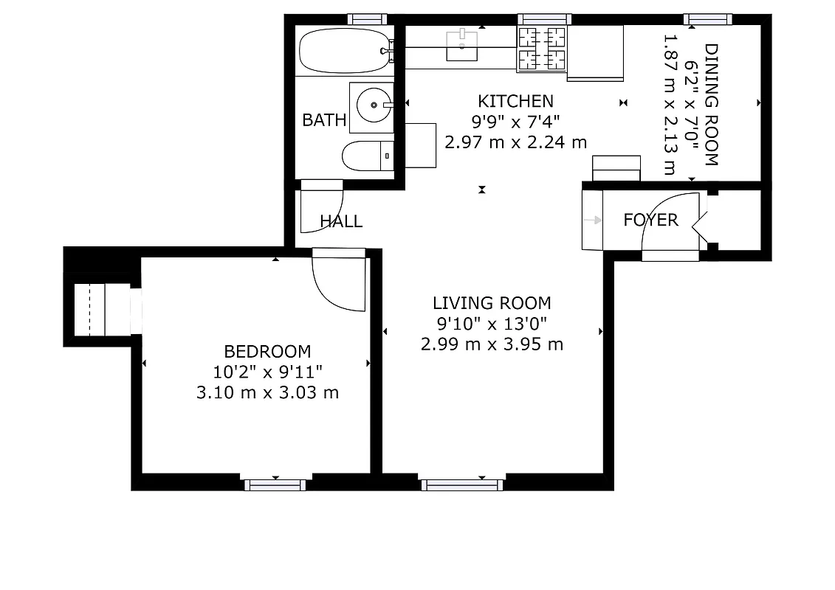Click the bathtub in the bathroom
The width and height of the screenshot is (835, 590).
[x=343, y=51]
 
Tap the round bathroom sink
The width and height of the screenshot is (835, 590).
[x=374, y=106]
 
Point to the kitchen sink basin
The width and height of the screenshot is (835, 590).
[x=463, y=45]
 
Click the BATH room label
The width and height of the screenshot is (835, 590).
[x=324, y=120]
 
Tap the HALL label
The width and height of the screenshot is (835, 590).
[x=341, y=221]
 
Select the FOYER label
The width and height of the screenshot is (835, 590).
[x=650, y=220]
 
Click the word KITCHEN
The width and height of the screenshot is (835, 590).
[x=515, y=101]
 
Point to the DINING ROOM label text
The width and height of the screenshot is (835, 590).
[x=711, y=105]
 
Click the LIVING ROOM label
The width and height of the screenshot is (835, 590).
[x=492, y=302]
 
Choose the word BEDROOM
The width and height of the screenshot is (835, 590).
[x=267, y=352]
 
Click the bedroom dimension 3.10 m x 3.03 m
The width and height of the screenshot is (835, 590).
[x=267, y=392]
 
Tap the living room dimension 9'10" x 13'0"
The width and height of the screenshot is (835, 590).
[x=492, y=323]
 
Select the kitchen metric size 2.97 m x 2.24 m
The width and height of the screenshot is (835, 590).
[x=515, y=142]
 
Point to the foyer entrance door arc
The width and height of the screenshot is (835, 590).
[x=664, y=221]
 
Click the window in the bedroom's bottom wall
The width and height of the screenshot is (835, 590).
[x=275, y=485]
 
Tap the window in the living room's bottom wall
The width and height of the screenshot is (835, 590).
[x=462, y=485]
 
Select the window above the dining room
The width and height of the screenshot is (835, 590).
[x=707, y=19]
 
